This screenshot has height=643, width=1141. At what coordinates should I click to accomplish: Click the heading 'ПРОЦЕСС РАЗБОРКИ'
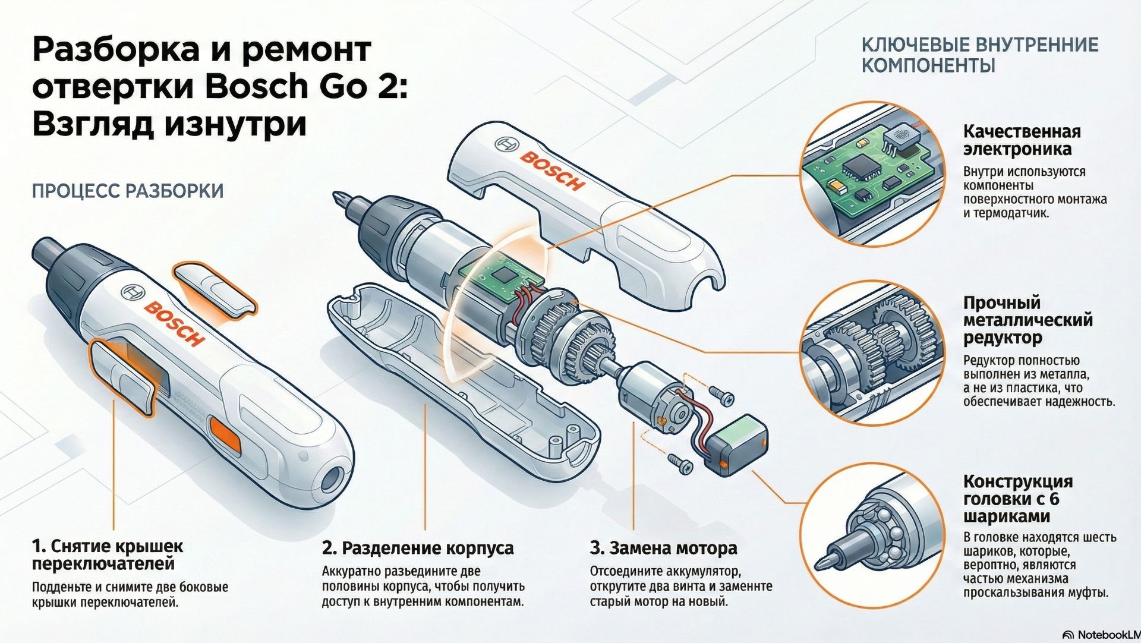pos(128,191)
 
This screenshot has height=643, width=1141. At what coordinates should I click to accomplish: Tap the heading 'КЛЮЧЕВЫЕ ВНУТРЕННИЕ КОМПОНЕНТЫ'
pos(979,55)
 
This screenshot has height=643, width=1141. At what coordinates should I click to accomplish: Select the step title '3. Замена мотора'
pos(663,548)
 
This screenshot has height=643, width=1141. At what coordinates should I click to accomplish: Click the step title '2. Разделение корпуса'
pos(418,548)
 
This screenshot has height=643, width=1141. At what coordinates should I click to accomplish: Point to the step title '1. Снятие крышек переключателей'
pos(108,554)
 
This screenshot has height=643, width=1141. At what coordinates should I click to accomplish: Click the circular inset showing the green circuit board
pos(872,173)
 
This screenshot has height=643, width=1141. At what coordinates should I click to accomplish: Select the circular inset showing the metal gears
pos(872,353)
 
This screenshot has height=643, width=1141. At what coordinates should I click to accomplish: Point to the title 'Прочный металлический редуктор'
pos(1027,320)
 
